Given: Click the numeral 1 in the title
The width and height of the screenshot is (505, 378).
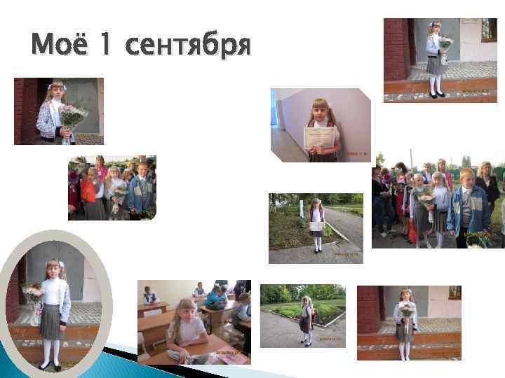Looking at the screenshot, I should (105, 46).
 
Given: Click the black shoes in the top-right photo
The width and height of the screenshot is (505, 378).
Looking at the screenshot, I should (436, 94).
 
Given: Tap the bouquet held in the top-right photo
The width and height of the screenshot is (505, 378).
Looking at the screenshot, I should (445, 46).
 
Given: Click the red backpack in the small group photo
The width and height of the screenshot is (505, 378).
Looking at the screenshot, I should (88, 190).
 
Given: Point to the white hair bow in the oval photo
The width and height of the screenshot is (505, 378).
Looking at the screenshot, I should (60, 265).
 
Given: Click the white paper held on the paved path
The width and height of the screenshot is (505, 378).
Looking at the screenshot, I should (316, 225).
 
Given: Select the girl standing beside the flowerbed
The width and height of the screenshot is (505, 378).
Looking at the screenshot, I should (306, 320).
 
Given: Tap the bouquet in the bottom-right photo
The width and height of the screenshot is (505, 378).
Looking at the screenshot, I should (407, 309).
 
